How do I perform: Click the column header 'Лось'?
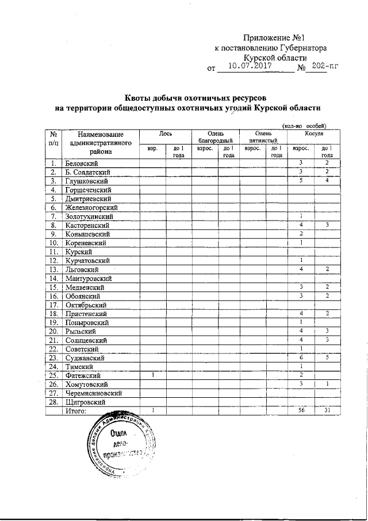(166, 134)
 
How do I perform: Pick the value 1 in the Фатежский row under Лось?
(152, 375)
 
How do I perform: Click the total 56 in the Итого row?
(301, 410)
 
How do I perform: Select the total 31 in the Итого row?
(326, 410)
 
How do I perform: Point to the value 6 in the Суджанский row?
(301, 357)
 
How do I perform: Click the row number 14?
(53, 278)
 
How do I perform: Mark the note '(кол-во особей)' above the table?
(304, 126)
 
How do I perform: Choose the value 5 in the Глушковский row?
(301, 181)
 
